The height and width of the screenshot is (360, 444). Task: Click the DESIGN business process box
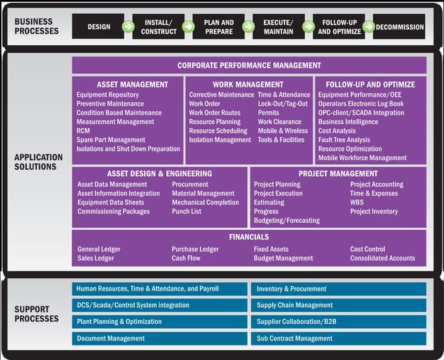[x=98, y=26]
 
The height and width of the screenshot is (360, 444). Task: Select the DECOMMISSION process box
[x=399, y=26]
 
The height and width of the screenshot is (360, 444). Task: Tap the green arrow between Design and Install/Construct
[x=128, y=26]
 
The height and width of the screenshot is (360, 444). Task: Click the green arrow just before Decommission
[x=369, y=26]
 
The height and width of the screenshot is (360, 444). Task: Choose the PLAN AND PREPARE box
[x=219, y=26]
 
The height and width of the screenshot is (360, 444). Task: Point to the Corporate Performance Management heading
[x=249, y=65]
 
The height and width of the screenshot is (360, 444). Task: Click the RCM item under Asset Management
[x=84, y=131]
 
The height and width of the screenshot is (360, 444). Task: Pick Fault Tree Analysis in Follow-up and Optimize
[x=344, y=140]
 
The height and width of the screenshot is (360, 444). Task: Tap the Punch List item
[x=187, y=212]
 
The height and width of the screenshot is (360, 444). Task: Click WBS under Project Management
[x=357, y=203]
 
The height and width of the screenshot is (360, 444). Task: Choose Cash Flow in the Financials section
[x=186, y=258]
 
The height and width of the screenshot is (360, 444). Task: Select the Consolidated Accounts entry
[x=382, y=258]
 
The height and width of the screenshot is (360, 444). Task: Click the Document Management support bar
[x=159, y=338]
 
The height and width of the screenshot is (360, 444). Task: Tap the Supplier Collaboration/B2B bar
[x=338, y=322]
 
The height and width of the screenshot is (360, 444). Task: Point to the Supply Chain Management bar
[x=338, y=305]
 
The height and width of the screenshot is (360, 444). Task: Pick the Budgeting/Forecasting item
[x=287, y=221]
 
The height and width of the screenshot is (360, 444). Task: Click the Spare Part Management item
[x=111, y=140]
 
